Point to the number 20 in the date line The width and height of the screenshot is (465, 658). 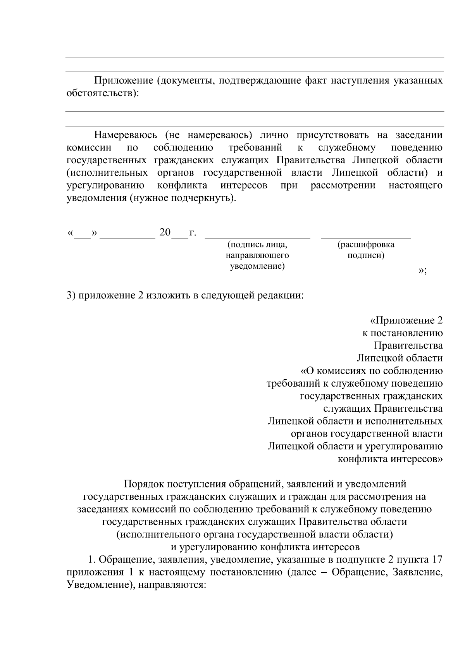pos(165,232)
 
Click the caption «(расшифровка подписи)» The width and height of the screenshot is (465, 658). pos(366,250)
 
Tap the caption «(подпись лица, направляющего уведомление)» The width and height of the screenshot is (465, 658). pos(257,255)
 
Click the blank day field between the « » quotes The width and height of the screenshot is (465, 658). pos(82,234)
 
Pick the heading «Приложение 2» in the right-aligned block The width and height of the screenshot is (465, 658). pos(407,320)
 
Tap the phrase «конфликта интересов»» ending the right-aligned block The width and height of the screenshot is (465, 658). pos(390,459)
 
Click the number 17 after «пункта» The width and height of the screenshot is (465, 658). pos(437,560)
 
